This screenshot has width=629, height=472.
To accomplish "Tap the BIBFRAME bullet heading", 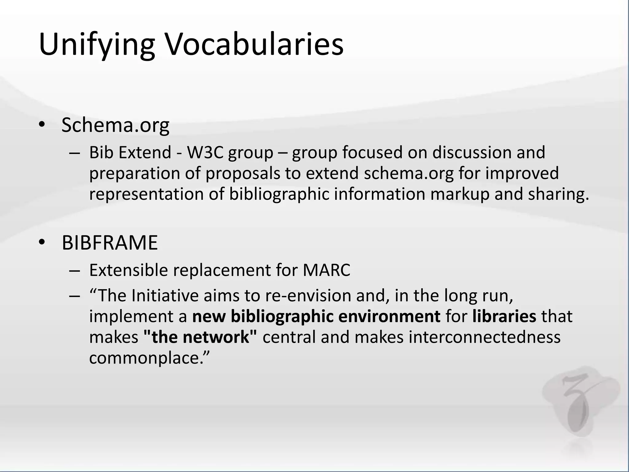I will tap(110, 243).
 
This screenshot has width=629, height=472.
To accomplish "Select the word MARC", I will tap(326, 270).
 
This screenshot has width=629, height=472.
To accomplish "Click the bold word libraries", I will tap(504, 316).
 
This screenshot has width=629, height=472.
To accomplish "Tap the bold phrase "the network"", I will tap(200, 337).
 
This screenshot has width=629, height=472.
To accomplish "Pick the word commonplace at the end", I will tap(147, 358).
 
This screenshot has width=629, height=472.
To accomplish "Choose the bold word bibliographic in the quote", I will tap(282, 316).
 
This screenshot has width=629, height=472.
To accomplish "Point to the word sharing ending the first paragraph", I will tap(558, 195).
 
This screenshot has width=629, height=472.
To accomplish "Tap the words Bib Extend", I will tap(130, 153).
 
